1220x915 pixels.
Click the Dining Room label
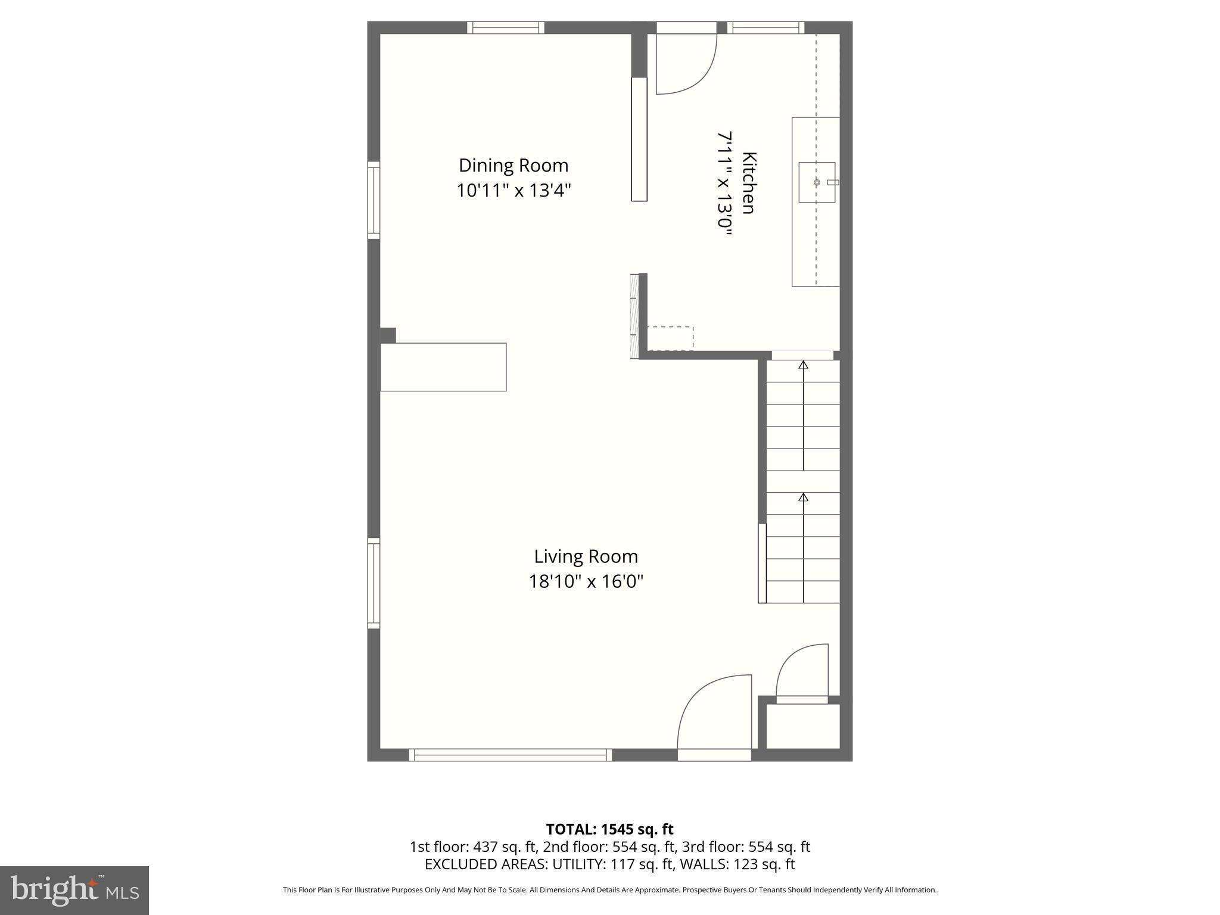(513, 165)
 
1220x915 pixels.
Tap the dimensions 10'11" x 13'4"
(513, 191)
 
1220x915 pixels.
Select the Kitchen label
(748, 183)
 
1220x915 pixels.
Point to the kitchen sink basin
(816, 182)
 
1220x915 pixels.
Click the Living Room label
(586, 556)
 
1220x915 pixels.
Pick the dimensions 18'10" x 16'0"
(586, 581)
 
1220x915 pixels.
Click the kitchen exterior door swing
(685, 66)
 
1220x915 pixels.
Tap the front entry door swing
(714, 712)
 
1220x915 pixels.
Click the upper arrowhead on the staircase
(803, 365)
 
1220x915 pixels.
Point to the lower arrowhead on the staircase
(803, 497)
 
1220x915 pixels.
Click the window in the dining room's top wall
(505, 27)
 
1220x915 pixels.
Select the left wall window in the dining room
(374, 200)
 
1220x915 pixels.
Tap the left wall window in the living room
(374, 583)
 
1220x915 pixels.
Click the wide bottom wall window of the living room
(511, 755)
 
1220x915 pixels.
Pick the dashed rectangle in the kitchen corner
(670, 338)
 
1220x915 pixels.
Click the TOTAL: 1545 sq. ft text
(609, 829)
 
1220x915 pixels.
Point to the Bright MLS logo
(74, 890)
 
